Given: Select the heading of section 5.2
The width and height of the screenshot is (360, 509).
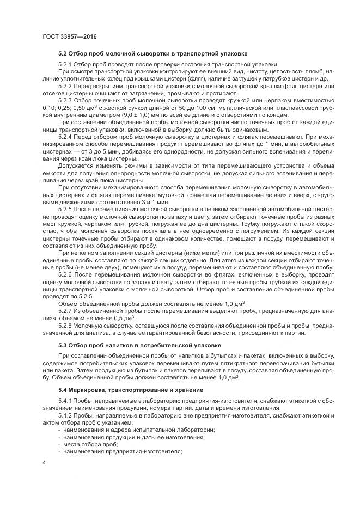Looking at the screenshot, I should tap(152, 54).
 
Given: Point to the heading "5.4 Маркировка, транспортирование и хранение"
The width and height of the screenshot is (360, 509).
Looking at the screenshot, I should tap(131, 390).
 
